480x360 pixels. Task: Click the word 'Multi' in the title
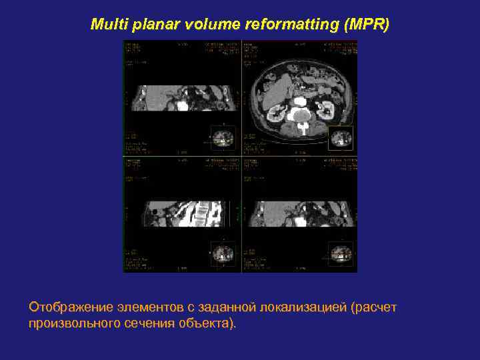tap(107, 25)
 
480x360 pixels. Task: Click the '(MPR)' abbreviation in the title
tap(365, 25)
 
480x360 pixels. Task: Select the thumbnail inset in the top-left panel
tap(221, 138)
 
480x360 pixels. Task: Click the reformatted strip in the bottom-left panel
tap(182, 213)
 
